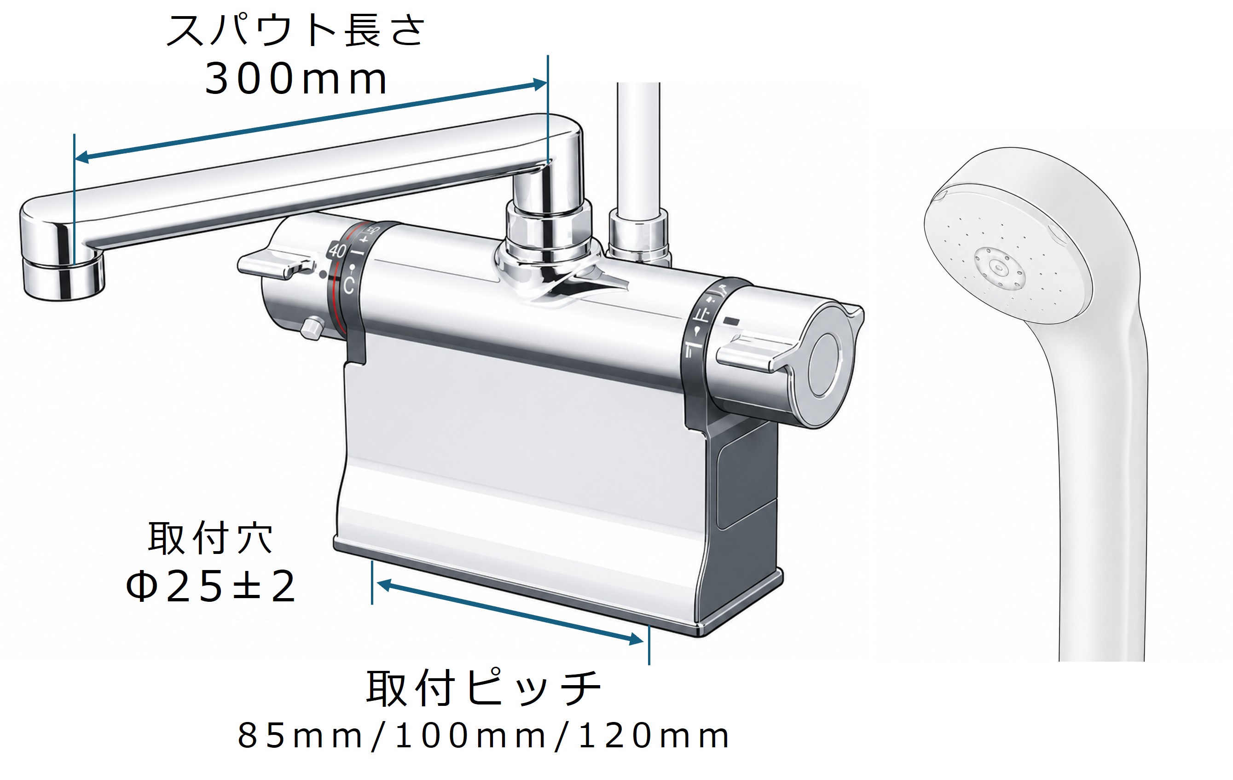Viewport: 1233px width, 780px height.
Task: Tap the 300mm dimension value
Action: click(x=296, y=79)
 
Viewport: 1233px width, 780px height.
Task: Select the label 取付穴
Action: click(x=210, y=538)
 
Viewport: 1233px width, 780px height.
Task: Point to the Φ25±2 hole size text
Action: click(x=210, y=585)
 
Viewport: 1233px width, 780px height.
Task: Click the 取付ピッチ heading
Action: click(x=483, y=688)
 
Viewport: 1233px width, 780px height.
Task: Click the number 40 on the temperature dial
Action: click(x=337, y=250)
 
